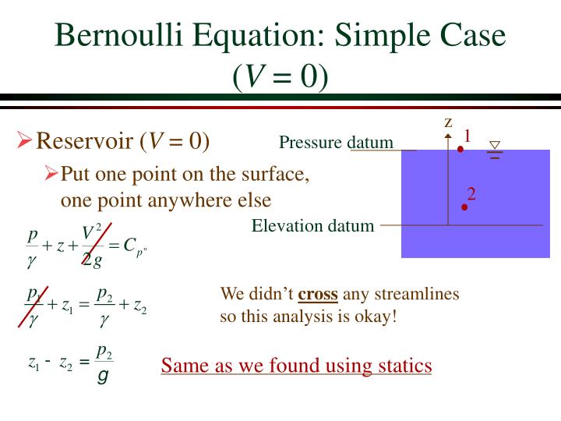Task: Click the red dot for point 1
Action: pyautogui.click(x=460, y=149)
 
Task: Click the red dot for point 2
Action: pyautogui.click(x=464, y=207)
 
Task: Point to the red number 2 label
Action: pyautogui.click(x=471, y=193)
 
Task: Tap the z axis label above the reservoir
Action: pyautogui.click(x=448, y=122)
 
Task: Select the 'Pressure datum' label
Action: pyautogui.click(x=336, y=143)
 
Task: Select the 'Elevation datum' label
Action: pyautogui.click(x=312, y=226)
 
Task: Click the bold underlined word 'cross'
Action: pyautogui.click(x=318, y=295)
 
